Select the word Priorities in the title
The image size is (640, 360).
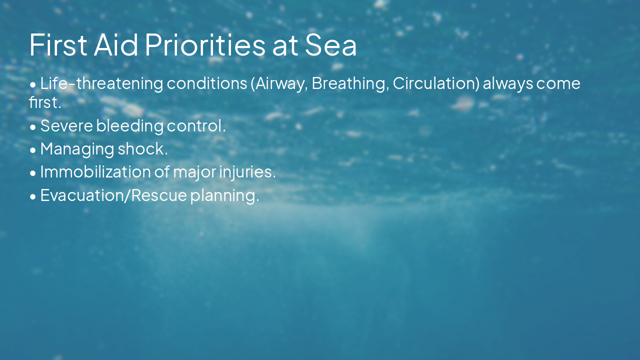205,44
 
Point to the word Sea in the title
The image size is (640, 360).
331,44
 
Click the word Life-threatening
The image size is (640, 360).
101,83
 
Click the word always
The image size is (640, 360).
507,83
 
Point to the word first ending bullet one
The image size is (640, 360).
45,102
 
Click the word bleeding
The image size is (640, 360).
129,125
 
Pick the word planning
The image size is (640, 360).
224,195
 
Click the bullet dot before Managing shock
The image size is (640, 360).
33,149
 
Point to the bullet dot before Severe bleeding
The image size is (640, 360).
33,126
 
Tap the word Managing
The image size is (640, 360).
77,148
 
